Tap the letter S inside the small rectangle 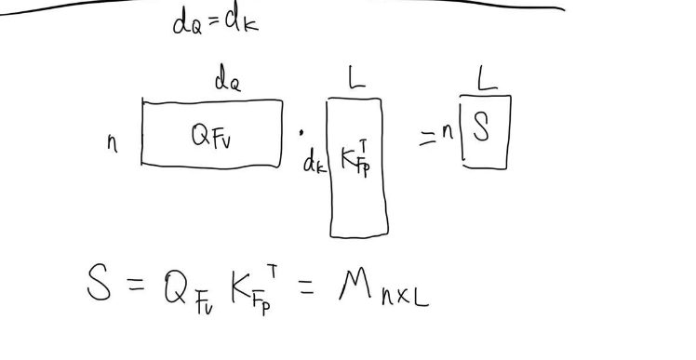click(481, 128)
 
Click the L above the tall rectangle click(356, 82)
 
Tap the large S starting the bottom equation click(100, 285)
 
